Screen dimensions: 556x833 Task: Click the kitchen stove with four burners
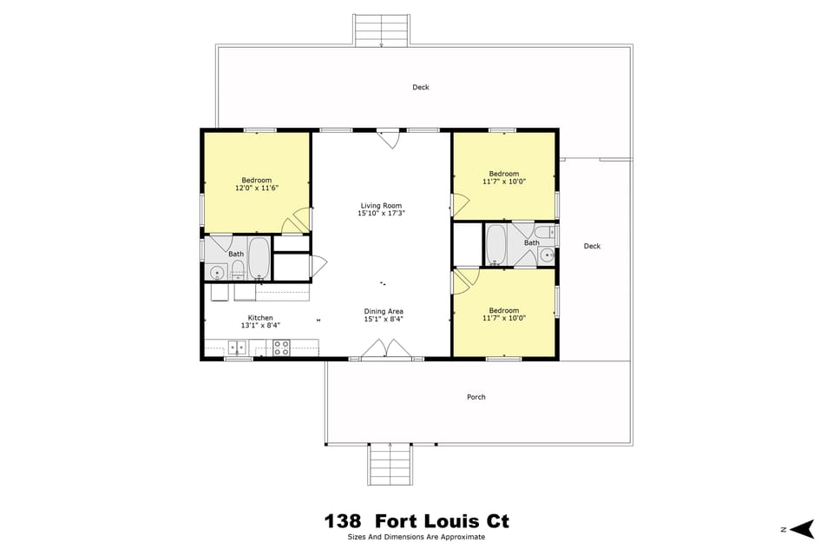pos(282,347)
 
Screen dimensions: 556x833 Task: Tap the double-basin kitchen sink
pos(237,347)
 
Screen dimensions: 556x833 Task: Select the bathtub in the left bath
pos(259,257)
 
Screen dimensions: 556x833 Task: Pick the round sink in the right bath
pos(547,255)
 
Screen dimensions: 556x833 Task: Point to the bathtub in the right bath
pos(496,244)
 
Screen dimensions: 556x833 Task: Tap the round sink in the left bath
pos(216,273)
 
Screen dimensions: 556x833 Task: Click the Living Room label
pos(382,206)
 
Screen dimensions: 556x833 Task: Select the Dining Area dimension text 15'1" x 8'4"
pos(383,319)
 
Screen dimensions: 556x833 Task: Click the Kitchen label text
pos(260,318)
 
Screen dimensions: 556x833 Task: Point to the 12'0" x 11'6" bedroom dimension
pos(257,188)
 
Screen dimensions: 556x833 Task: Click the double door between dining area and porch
pos(386,349)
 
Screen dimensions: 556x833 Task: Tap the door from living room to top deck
pos(388,137)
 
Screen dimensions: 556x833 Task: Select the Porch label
pos(476,397)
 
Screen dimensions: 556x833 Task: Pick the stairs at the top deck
pos(382,30)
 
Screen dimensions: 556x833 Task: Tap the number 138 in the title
pos(343,521)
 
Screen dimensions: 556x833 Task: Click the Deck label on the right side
pos(592,246)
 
